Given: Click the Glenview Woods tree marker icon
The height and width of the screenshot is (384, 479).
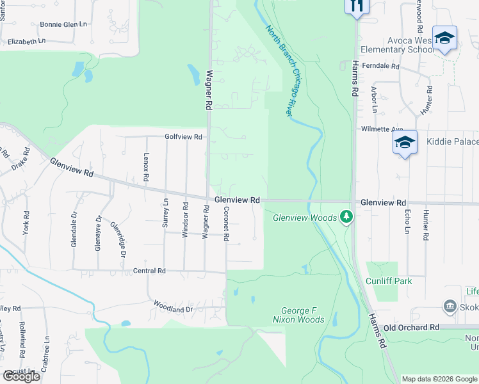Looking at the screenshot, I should pyautogui.click(x=346, y=217).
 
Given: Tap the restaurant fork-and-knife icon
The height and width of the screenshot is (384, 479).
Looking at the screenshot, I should pyautogui.click(x=357, y=5).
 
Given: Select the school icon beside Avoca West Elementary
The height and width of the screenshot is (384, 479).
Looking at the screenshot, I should pyautogui.click(x=444, y=38).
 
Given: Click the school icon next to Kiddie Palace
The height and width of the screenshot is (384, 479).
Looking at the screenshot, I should pyautogui.click(x=405, y=143).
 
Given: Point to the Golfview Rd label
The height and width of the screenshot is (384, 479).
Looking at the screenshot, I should pyautogui.click(x=183, y=137).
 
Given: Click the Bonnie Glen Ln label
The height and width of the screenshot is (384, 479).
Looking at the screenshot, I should pyautogui.click(x=63, y=24).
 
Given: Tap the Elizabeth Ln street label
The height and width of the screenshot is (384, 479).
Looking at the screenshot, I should pyautogui.click(x=27, y=41).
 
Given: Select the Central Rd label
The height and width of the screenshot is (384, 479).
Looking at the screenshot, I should pyautogui.click(x=149, y=271).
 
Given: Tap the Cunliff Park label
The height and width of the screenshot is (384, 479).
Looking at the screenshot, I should pyautogui.click(x=389, y=281).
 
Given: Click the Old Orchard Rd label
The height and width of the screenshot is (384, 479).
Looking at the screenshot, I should pyautogui.click(x=411, y=327).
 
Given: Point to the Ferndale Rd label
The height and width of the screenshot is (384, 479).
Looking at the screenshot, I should pyautogui.click(x=380, y=66).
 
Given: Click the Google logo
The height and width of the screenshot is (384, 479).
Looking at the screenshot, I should pyautogui.click(x=21, y=376).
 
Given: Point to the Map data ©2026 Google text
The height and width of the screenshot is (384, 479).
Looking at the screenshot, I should pyautogui.click(x=439, y=379).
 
